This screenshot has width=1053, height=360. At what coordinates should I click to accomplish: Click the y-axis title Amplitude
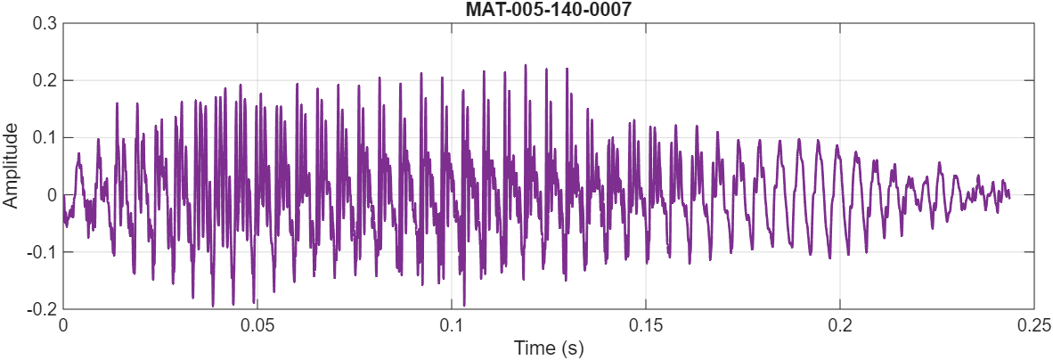pyautogui.click(x=12, y=167)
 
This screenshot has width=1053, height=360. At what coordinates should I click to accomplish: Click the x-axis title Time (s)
pyautogui.click(x=548, y=348)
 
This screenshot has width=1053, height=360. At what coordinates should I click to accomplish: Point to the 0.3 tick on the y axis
pyautogui.click(x=45, y=23)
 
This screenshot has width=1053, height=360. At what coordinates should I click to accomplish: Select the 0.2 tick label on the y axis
pyautogui.click(x=45, y=80)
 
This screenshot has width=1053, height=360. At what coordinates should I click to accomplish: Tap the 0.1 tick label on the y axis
pyautogui.click(x=45, y=137)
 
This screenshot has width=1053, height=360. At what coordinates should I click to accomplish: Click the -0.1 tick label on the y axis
pyautogui.click(x=42, y=252)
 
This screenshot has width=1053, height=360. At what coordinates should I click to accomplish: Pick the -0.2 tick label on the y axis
pyautogui.click(x=42, y=309)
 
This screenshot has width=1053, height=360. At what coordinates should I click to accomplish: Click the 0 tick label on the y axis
pyautogui.click(x=51, y=195)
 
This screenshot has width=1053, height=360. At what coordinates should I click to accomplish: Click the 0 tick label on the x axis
pyautogui.click(x=63, y=325)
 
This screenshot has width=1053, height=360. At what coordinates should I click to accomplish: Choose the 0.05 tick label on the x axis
pyautogui.click(x=257, y=325)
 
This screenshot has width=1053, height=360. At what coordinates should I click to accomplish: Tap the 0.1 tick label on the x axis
pyautogui.click(x=452, y=325)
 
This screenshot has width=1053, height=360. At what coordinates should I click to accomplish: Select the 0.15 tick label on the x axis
pyautogui.click(x=646, y=325)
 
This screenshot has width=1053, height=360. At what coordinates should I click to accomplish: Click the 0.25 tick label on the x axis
pyautogui.click(x=1033, y=325)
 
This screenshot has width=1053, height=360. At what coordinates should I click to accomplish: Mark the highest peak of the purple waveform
pyautogui.click(x=526, y=65)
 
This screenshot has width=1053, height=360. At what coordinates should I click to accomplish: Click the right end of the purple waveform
pyautogui.click(x=1008, y=197)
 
